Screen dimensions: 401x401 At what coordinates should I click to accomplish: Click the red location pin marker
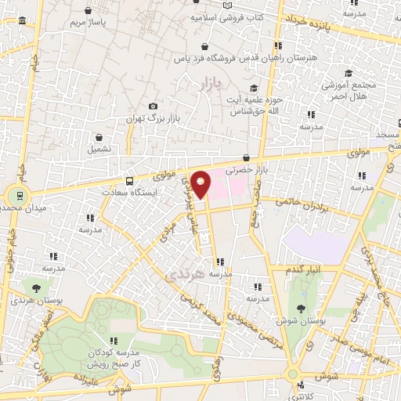click(201, 183)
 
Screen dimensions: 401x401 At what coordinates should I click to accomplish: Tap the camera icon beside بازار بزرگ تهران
click(153, 107)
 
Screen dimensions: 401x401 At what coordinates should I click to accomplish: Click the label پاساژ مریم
click(88, 23)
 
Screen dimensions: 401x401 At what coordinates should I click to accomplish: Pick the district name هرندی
click(186, 275)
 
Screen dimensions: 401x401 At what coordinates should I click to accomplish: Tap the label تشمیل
click(99, 148)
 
